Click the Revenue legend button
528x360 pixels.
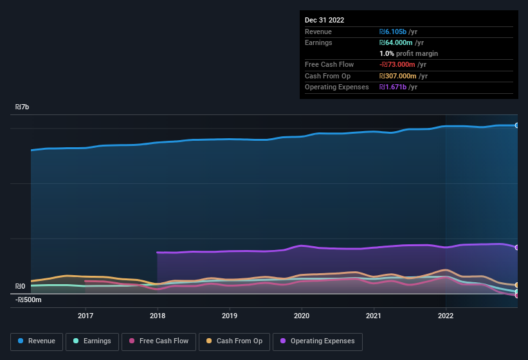click(x=37, y=341)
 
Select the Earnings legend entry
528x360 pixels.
click(x=92, y=341)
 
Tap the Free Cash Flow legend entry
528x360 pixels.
click(x=158, y=341)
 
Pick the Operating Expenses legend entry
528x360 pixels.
click(x=318, y=341)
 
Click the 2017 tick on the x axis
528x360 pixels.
click(x=86, y=316)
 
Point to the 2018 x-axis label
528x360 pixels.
click(x=158, y=316)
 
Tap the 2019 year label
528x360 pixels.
click(x=230, y=316)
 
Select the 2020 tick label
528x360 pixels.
click(x=302, y=316)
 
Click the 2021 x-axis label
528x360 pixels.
click(x=374, y=316)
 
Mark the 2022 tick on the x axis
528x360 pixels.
click(x=446, y=316)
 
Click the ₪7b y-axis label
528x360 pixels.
click(x=23, y=107)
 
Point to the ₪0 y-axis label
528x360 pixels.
click(x=21, y=287)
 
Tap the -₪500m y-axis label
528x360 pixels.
click(x=28, y=300)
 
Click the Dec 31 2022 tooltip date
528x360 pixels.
click(x=324, y=20)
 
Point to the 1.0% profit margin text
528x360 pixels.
click(x=408, y=53)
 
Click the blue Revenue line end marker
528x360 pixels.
click(x=517, y=125)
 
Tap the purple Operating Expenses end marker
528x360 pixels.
click(x=517, y=248)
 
